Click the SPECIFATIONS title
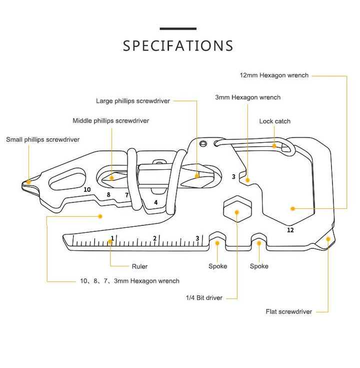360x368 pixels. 178,46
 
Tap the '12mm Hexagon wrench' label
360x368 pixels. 274,75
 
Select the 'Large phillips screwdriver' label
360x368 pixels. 133,101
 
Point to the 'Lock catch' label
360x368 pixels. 274,121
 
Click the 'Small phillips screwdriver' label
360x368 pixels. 42,140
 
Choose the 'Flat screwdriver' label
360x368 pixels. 289,311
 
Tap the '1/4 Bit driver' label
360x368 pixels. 204,298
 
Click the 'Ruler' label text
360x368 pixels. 139,266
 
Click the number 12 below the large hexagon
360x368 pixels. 290,230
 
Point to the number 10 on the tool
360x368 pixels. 87,189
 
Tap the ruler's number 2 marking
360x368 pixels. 154,238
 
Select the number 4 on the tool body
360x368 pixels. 156,203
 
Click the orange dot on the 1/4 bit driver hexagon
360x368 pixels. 236,212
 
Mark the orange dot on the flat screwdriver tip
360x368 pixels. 328,239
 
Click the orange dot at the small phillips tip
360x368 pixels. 28,182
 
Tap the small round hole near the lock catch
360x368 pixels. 203,143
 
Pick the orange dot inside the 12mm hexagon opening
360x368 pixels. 292,208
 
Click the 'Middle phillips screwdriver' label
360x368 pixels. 110,121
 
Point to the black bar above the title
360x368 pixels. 178,29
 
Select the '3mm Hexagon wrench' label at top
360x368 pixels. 247,98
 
